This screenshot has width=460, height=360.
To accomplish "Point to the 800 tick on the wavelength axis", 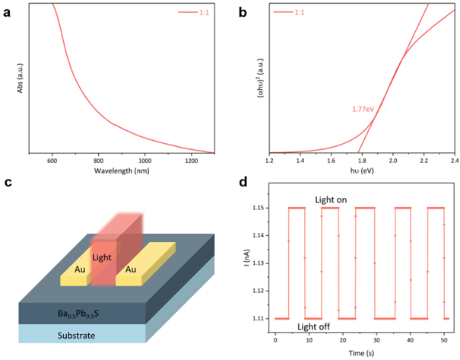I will [x=101, y=161].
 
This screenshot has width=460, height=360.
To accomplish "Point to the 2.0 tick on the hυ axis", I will [x=393, y=161].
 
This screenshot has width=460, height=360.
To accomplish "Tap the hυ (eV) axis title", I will [x=362, y=170].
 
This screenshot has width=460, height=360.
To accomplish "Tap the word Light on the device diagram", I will [x=102, y=259].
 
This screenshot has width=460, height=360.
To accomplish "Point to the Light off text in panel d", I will [x=314, y=327].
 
